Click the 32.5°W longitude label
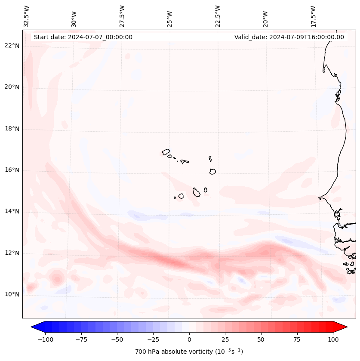[27, 16]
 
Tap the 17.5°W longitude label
[313, 16]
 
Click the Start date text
[83, 37]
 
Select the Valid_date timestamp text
[289, 37]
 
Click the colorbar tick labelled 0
[189, 339]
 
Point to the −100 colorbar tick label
[46, 339]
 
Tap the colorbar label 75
[297, 339]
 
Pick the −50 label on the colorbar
[117, 339]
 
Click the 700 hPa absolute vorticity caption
[189, 352]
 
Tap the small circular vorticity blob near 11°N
[56, 278]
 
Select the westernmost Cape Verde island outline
[166, 152]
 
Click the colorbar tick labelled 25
[225, 339]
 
